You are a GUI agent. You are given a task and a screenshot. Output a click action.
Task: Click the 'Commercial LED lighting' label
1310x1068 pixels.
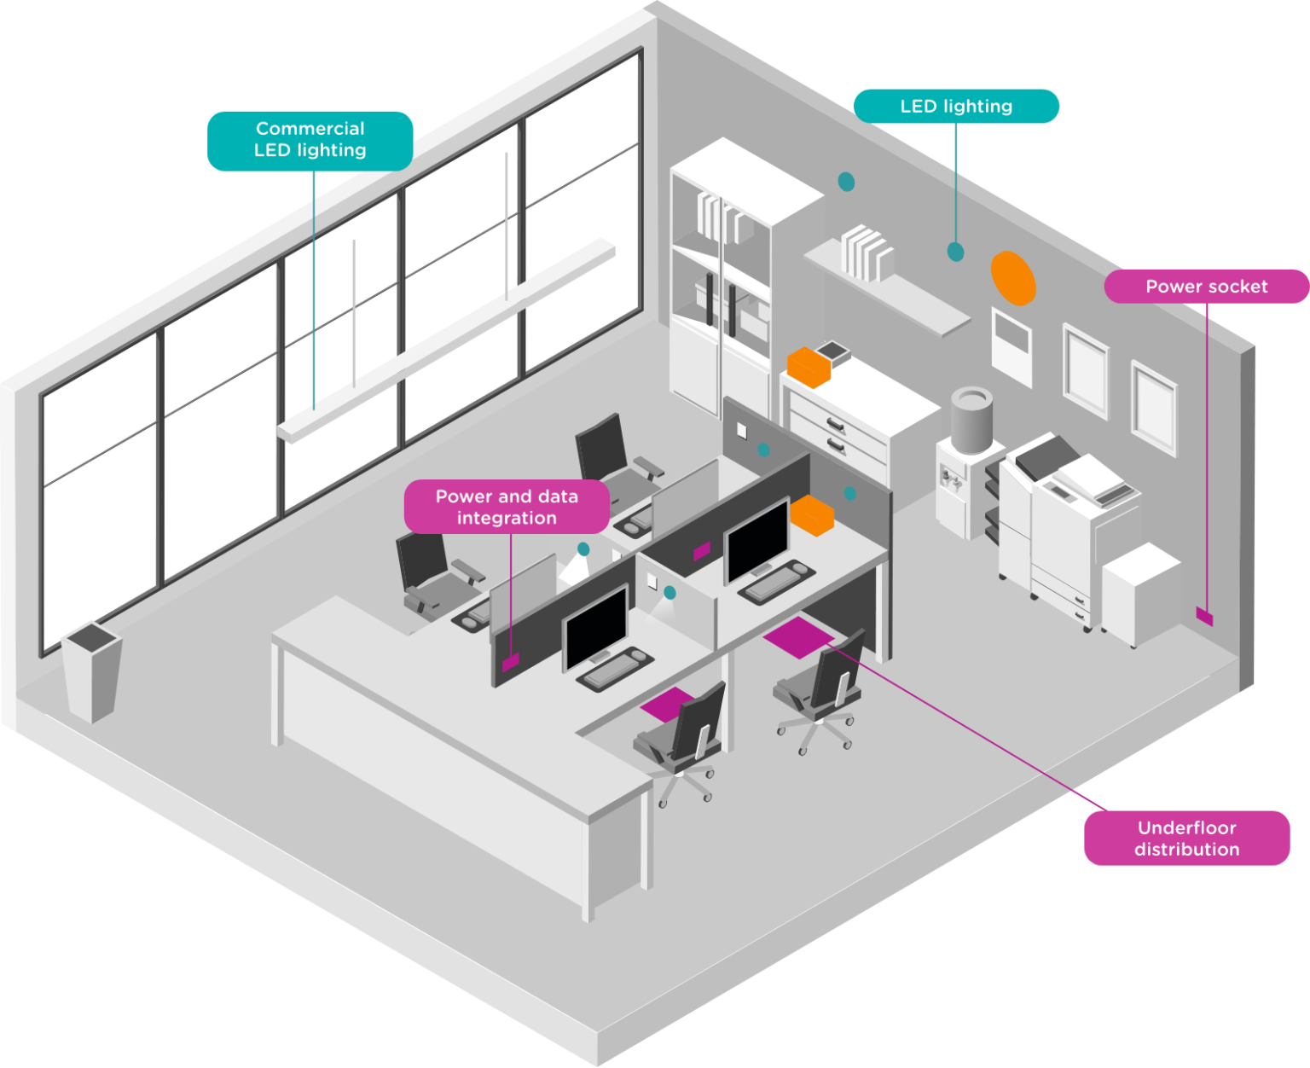click(x=310, y=140)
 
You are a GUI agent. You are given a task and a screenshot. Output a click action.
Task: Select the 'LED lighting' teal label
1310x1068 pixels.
click(x=956, y=107)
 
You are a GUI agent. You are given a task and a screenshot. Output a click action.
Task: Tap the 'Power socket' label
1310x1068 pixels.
click(x=1206, y=287)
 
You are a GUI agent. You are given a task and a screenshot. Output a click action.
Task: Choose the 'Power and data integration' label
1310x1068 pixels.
click(x=507, y=507)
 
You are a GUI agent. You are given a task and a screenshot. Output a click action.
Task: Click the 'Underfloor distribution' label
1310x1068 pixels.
click(x=1186, y=838)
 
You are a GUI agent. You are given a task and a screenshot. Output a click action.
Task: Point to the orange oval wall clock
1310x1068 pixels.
click(x=1013, y=277)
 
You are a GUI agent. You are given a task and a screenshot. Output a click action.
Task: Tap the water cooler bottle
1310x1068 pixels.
click(x=971, y=418)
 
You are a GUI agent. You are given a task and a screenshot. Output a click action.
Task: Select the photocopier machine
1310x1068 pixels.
click(x=1066, y=529)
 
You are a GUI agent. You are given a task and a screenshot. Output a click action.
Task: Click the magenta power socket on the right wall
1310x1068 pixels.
click(x=1204, y=616)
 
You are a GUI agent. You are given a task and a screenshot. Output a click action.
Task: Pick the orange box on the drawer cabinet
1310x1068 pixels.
click(x=809, y=366)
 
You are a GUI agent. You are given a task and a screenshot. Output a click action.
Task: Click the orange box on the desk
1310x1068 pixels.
click(x=811, y=515)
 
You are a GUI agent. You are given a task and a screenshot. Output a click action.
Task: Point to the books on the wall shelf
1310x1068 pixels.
click(x=867, y=252)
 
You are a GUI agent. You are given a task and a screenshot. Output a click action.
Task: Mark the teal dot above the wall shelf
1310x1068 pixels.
click(x=846, y=182)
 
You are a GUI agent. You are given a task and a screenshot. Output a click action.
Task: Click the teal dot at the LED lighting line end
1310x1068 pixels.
click(x=955, y=252)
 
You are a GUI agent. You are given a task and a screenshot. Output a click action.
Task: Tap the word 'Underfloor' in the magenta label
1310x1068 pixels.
click(x=1186, y=827)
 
